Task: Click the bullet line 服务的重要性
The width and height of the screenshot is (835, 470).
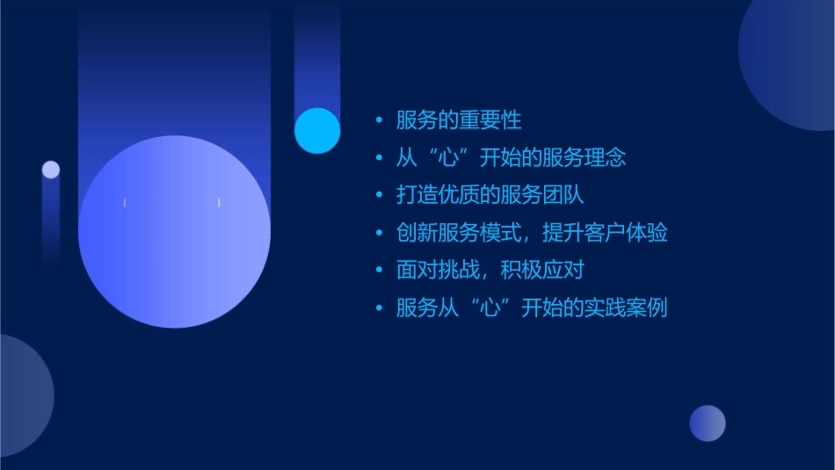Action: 459,120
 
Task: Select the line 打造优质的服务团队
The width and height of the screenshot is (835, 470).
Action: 490,195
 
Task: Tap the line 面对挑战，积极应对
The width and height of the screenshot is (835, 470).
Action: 490,270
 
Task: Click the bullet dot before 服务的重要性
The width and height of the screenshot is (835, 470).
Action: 379,120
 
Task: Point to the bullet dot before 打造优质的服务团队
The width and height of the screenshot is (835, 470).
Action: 379,195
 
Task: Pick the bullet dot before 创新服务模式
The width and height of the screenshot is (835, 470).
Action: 379,233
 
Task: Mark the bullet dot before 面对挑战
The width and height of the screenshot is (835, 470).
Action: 379,270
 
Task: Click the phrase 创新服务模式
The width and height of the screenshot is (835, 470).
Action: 451,233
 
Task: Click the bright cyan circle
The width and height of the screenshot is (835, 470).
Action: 317,130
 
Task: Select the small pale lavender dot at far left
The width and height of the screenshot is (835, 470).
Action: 51,170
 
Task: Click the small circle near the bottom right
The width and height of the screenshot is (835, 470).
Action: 708,423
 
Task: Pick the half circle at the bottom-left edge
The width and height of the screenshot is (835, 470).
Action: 21,395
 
